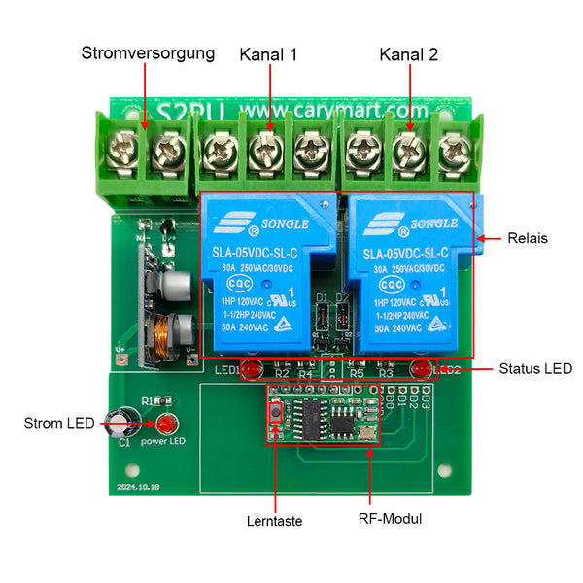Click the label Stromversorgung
pos(148,52)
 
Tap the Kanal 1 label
pos(268,54)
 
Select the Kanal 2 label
pos(409,54)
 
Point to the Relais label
pos(528,238)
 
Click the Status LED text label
pos(534,368)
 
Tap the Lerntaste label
pos(274,521)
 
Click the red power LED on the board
pos(164,425)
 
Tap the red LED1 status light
pos(250,370)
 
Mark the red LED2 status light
pos(422,369)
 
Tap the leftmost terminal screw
pos(126,150)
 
